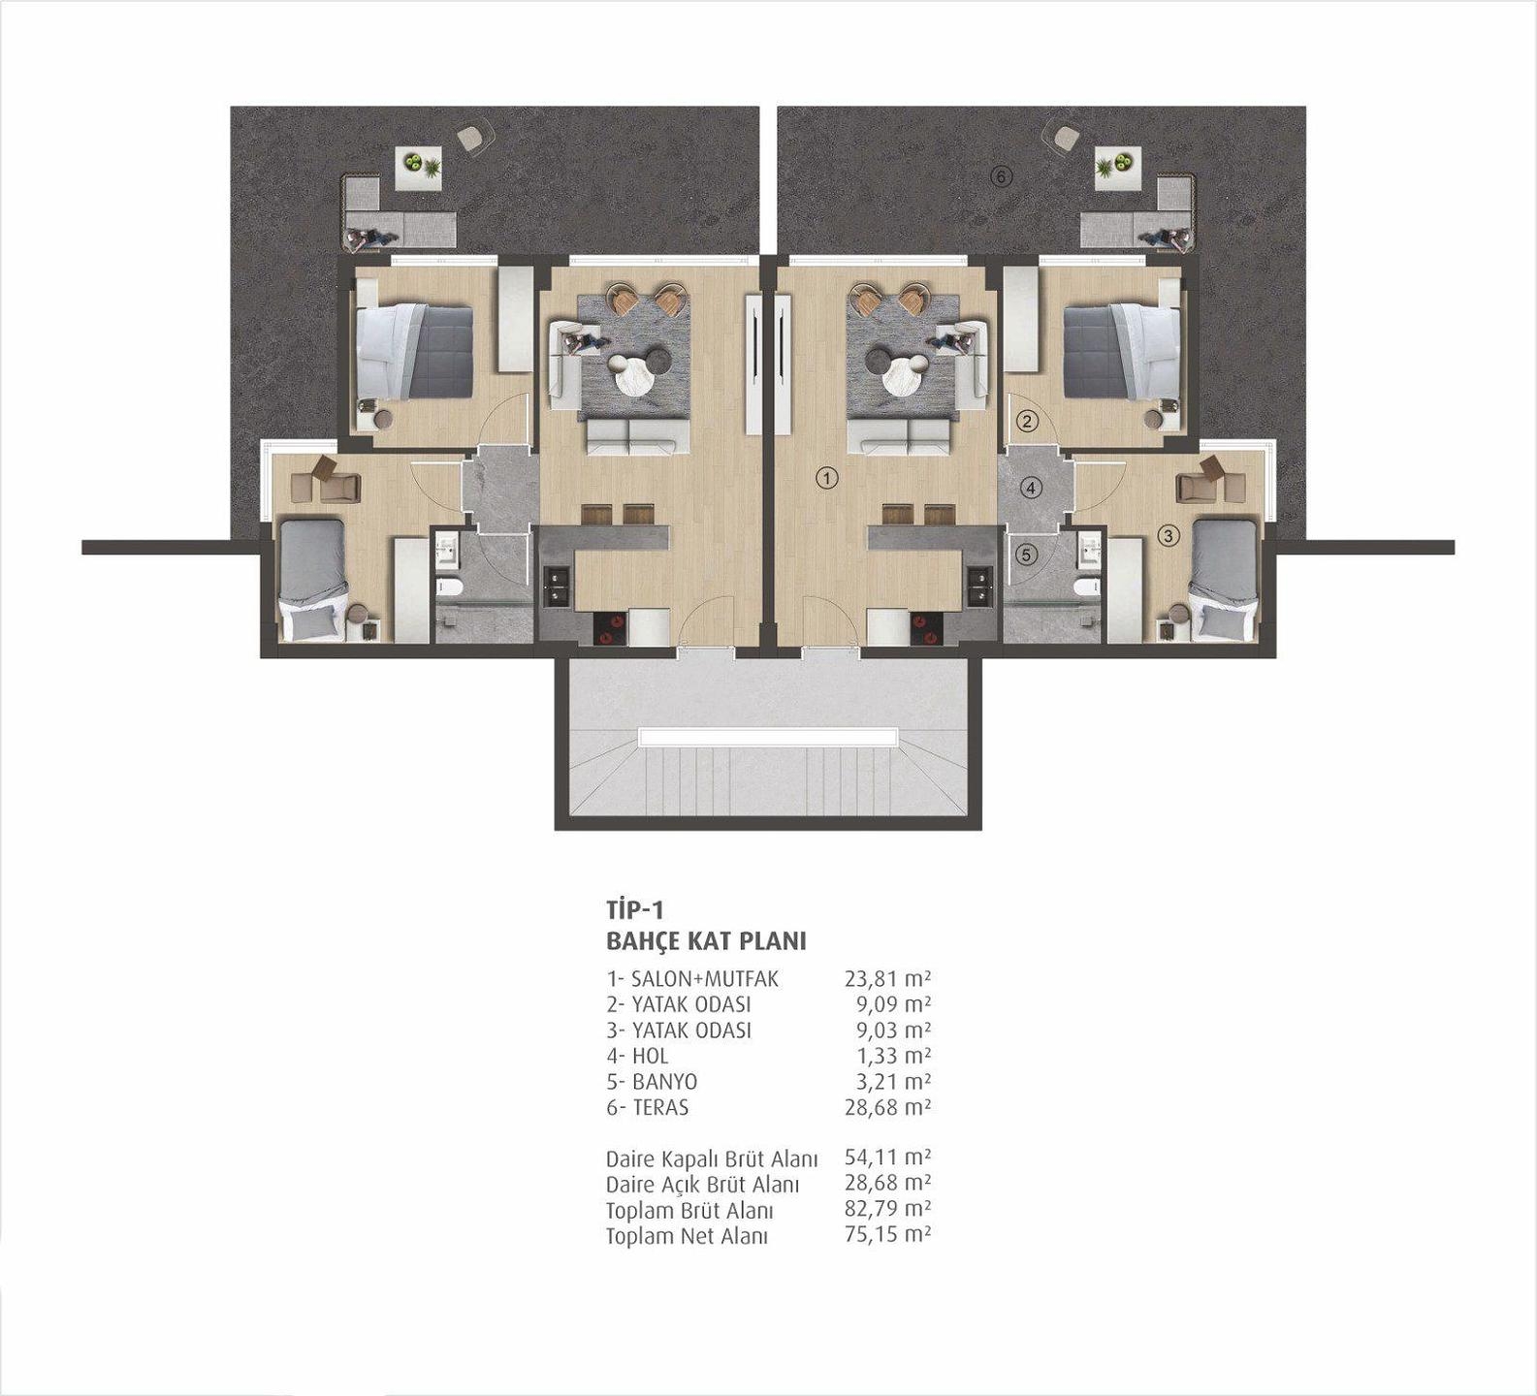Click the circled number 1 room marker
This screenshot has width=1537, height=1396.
pos(826,477)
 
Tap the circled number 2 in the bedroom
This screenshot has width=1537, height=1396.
pos(1028,421)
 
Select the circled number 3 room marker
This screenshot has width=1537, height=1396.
pos(1168,535)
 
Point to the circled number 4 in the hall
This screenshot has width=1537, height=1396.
pos(1031,488)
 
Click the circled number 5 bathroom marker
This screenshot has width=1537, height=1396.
pos(1027,555)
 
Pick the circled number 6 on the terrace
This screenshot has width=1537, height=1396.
pos(1002,176)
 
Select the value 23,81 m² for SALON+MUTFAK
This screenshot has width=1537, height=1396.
pos(887,978)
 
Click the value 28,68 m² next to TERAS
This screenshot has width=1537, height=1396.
pos(887,1107)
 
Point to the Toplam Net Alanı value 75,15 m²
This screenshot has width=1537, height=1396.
pos(887,1234)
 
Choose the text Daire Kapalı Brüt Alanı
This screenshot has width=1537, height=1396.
pos(712,1158)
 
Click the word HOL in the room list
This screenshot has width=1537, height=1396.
pos(650,1056)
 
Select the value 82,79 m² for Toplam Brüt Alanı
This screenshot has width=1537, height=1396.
pos(887,1209)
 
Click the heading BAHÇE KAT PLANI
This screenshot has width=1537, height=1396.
pos(706,941)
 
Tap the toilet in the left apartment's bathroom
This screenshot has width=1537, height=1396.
pos(449,586)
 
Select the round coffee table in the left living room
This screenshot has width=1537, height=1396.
pos(632,374)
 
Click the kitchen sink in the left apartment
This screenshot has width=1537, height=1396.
pos(557,587)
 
